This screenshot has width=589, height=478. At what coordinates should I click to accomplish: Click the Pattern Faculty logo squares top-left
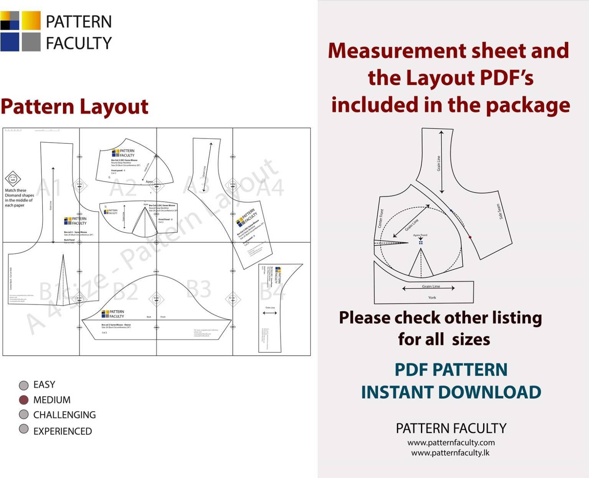pos(20,31)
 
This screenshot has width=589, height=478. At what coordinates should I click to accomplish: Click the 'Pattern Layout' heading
pos(74,107)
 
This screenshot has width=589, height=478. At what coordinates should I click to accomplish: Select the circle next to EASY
pos(24,385)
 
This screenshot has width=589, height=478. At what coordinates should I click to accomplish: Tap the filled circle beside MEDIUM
pos(24,400)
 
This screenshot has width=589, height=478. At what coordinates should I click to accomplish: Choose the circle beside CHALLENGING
pos(24,415)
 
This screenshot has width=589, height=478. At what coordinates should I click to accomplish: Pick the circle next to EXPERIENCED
pos(24,429)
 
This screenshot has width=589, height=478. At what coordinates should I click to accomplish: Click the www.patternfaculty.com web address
pos(451,442)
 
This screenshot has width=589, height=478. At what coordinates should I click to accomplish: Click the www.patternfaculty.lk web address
pos(450,453)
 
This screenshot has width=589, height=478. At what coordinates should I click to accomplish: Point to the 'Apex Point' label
pos(420,235)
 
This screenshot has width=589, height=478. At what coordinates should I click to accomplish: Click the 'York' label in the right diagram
pos(432,297)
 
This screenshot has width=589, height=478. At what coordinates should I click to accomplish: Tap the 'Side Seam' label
pos(499,212)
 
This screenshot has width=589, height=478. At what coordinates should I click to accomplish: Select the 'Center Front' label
pos(381,218)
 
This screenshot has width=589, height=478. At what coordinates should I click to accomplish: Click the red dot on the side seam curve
pos(470,237)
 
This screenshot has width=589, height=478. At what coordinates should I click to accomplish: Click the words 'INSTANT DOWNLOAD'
pos(451,392)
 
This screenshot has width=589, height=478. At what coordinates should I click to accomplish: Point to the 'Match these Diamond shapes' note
pos(19,198)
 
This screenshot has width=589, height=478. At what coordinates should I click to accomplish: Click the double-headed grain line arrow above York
pos(428,288)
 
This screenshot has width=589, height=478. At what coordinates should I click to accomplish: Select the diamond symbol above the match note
pos(13,178)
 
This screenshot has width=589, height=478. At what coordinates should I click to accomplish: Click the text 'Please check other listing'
pos(440,318)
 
